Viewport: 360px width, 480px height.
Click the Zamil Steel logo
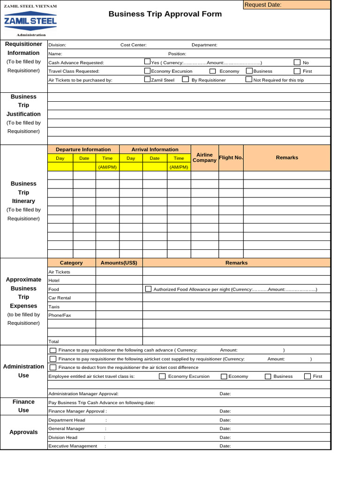tap(30, 21)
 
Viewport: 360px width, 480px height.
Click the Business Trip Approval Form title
tap(165, 14)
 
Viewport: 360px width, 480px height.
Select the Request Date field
tap(286, 5)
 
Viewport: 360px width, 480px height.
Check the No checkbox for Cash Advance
tap(297, 62)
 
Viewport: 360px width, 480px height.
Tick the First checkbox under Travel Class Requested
tap(297, 71)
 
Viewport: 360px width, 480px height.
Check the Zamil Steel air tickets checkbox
tap(147, 79)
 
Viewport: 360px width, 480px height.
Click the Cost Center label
tap(134, 45)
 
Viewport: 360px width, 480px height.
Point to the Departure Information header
tap(83, 150)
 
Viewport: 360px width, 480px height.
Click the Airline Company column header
tap(204, 157)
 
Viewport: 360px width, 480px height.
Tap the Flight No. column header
tap(231, 157)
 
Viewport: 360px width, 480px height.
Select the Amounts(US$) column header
tap(119, 262)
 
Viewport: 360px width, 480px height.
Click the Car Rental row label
tap(60, 298)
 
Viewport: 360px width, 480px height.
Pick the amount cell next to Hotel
tap(119, 280)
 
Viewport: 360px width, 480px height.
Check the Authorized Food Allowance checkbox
tap(148, 289)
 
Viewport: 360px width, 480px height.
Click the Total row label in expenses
tap(54, 341)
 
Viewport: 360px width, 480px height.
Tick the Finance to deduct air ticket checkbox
tap(53, 367)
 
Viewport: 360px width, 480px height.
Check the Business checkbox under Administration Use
tap(268, 376)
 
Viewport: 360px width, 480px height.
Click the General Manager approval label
tap(67, 428)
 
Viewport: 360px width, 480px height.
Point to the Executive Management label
tap(73, 446)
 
